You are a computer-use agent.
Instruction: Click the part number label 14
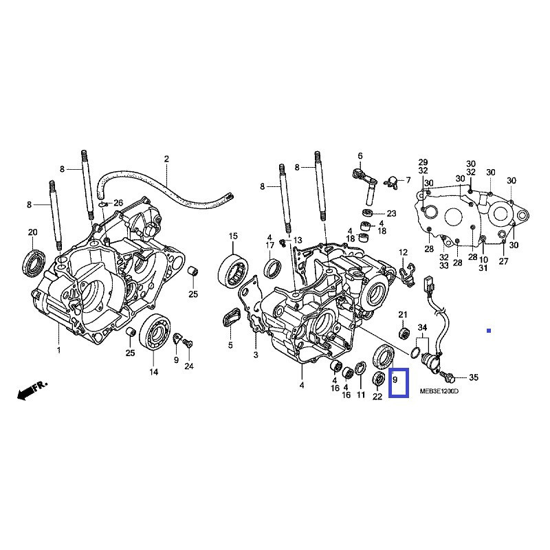tap(153, 372)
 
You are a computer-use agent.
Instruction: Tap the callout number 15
tap(233, 237)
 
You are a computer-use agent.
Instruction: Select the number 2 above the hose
tap(166, 159)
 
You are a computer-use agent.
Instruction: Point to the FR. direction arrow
tap(32, 390)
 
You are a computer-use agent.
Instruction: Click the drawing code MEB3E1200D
tap(438, 392)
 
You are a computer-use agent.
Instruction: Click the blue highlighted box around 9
tap(399, 384)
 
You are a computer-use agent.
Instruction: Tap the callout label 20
tap(32, 232)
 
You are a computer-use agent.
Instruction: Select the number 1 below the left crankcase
tap(58, 351)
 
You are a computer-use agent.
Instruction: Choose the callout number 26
tap(118, 203)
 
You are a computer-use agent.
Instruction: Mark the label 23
tap(391, 213)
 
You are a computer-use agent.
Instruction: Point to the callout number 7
tap(407, 180)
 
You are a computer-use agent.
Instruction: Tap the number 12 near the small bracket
tap(403, 252)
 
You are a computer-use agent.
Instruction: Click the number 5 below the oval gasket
tap(231, 344)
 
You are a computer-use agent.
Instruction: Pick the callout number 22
tap(377, 396)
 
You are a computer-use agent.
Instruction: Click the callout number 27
tap(504, 261)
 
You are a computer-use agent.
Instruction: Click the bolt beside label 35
tap(449, 377)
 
